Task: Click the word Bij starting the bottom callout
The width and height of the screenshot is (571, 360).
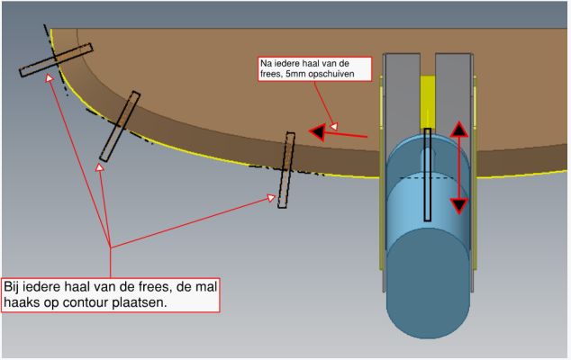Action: (14, 287)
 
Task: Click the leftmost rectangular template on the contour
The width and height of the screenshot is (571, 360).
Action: (55, 60)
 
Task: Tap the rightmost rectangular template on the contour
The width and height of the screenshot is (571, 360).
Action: (285, 170)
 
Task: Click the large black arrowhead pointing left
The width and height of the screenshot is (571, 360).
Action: (318, 133)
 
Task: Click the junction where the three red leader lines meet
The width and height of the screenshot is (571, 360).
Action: (110, 247)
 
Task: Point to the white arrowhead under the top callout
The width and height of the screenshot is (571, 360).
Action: (333, 126)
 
